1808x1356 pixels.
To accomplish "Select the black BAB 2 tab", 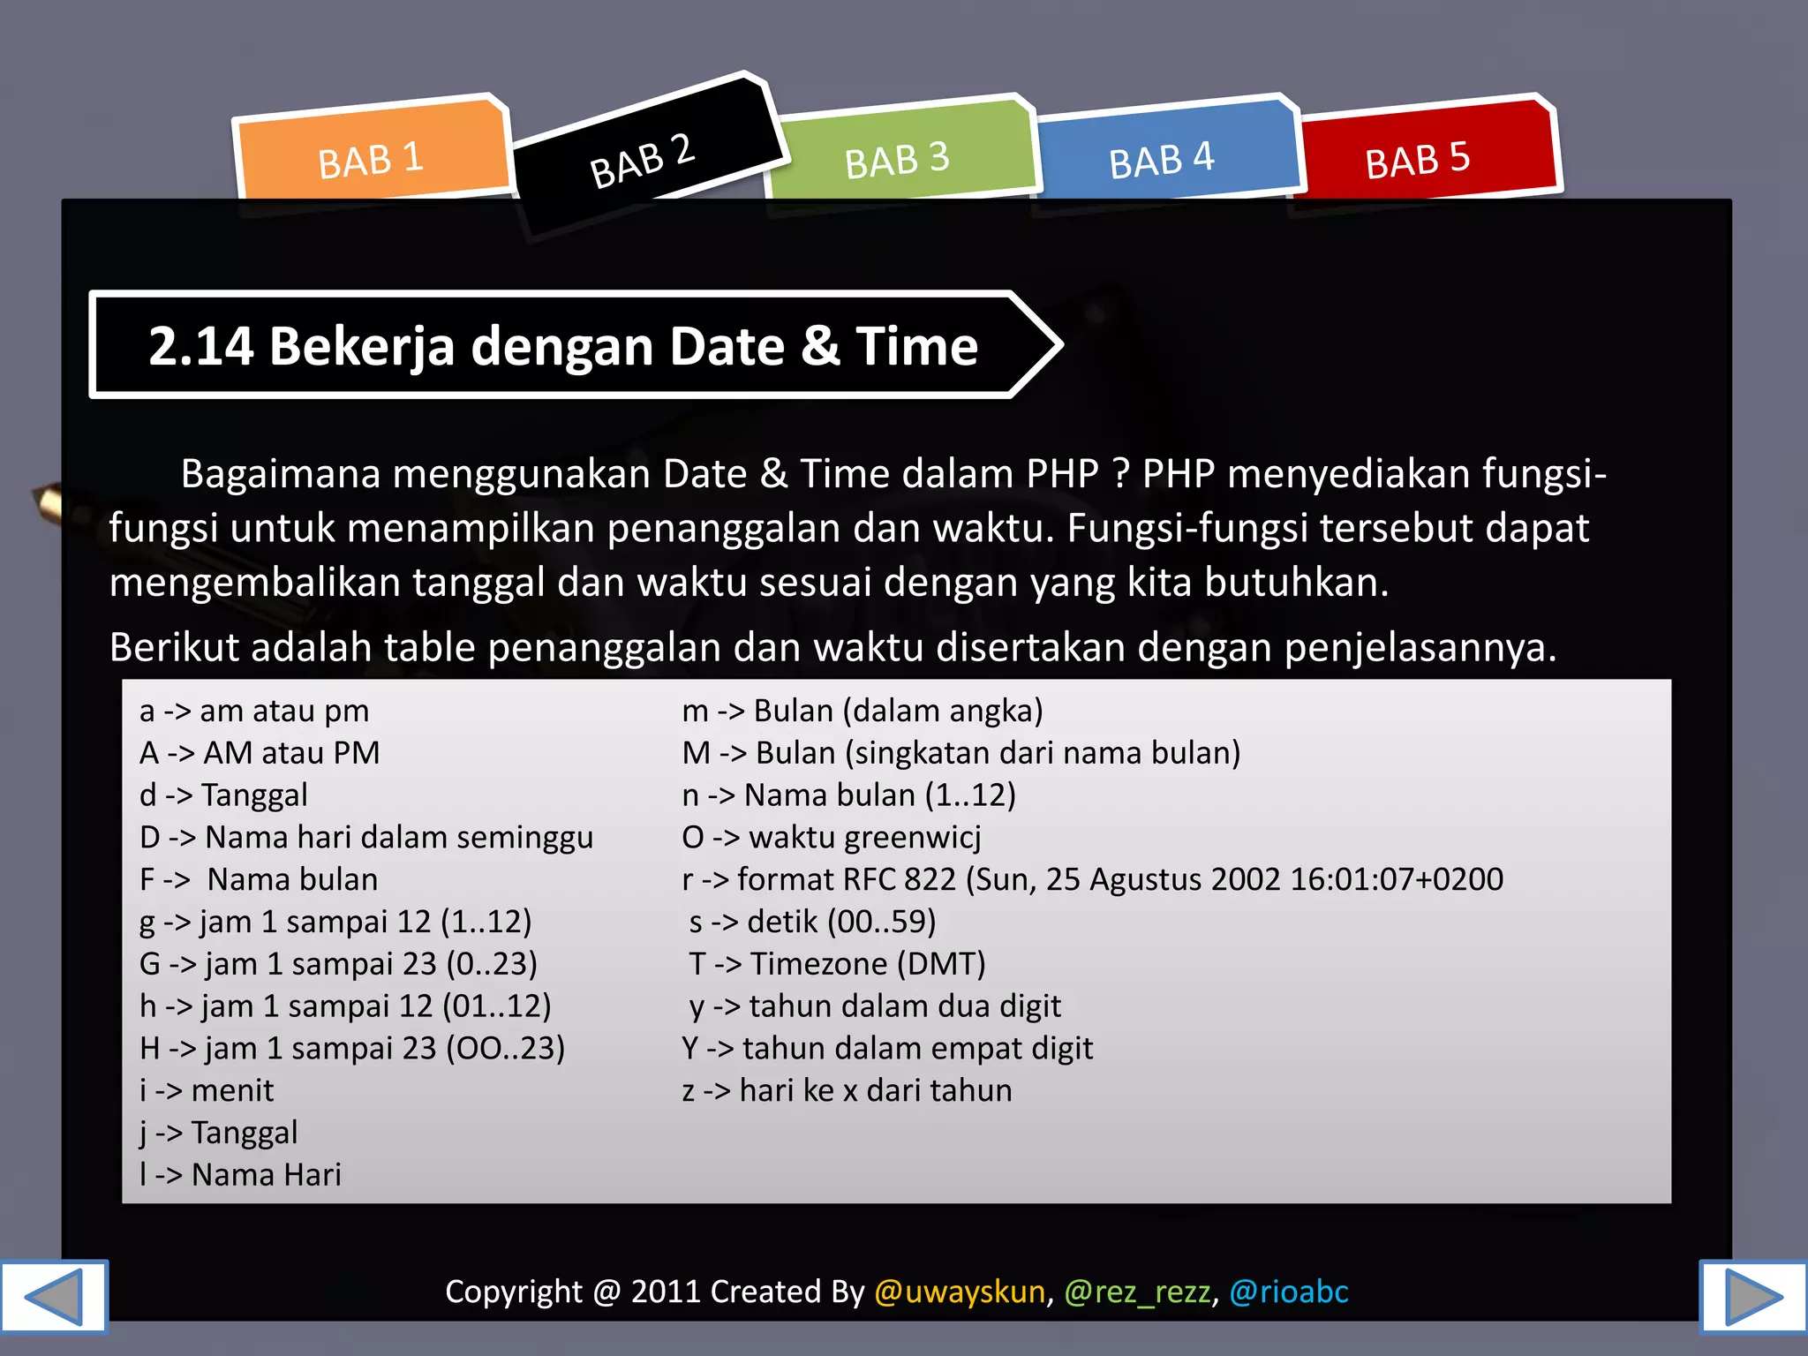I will tap(643, 159).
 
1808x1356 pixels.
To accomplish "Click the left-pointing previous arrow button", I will tap(53, 1296).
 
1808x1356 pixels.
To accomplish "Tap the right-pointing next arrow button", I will tap(1753, 1296).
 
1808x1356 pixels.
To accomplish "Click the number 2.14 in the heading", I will tap(201, 346).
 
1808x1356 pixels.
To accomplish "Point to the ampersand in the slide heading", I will tap(820, 346).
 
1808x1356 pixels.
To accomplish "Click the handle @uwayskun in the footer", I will tap(960, 1292).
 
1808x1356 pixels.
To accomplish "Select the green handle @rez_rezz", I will tap(1137, 1292).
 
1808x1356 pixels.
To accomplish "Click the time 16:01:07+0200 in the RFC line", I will tap(1397, 879).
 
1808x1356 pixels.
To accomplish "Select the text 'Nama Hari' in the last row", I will tap(267, 1175).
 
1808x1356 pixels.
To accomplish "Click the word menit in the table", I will tap(232, 1090).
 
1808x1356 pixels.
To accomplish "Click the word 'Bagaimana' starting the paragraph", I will tap(281, 474).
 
